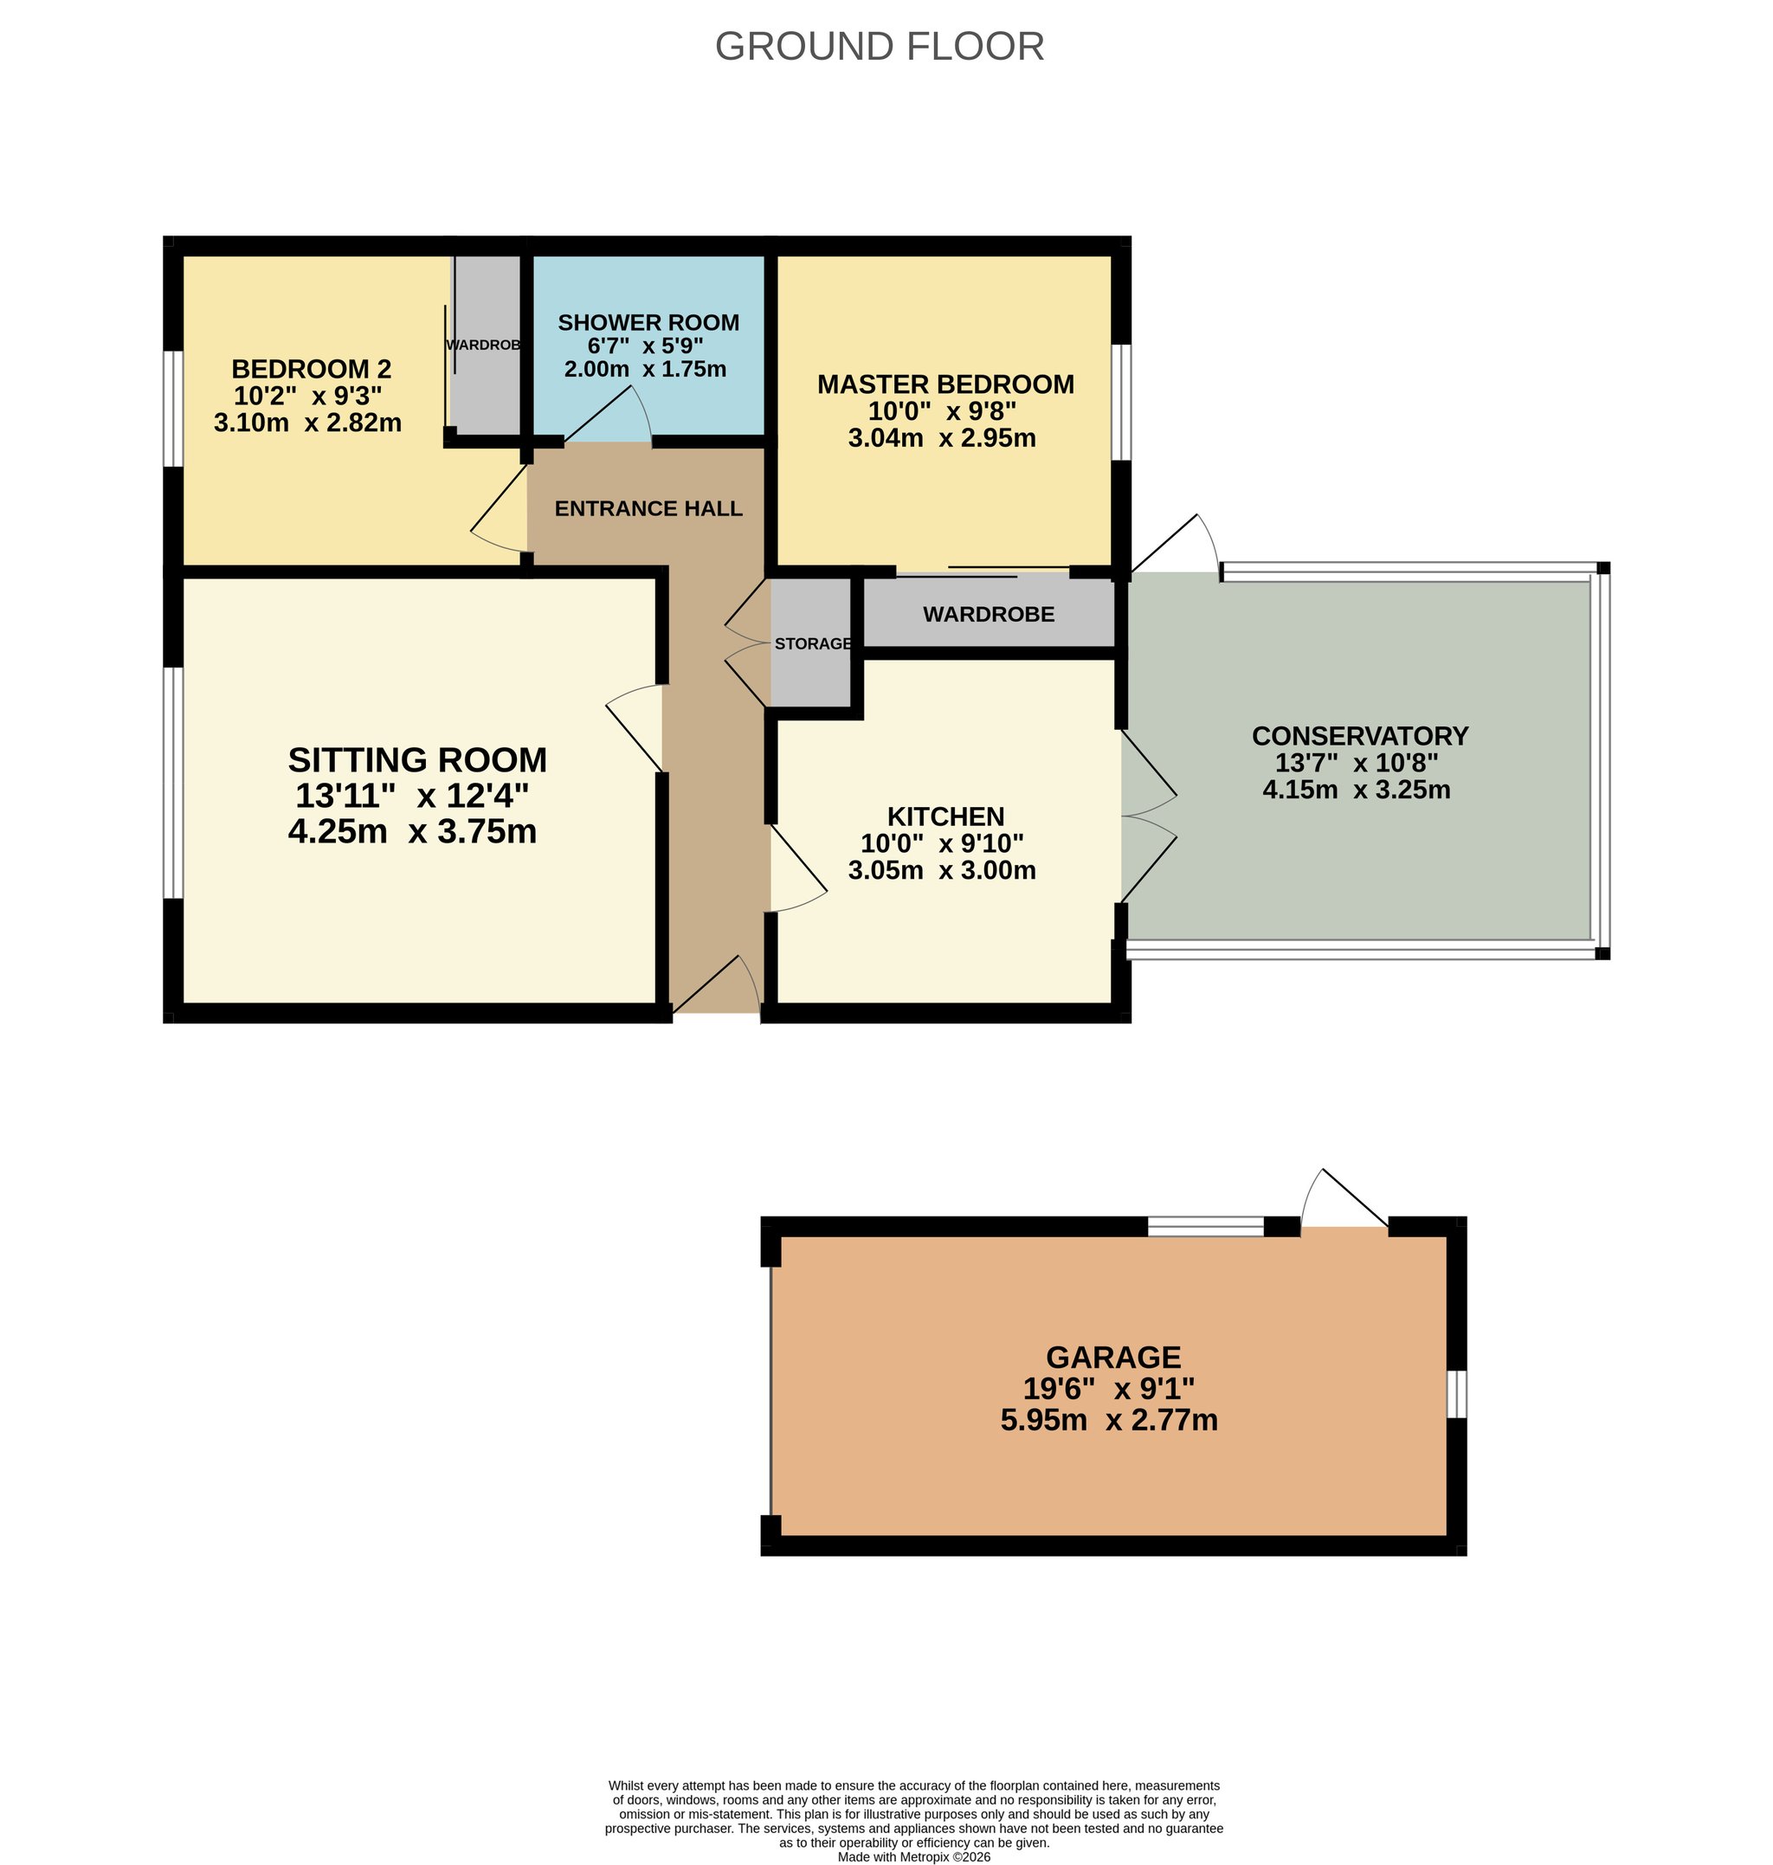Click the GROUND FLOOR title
(879, 46)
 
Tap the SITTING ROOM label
(418, 760)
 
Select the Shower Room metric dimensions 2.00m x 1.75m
(646, 369)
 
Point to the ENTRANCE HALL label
(648, 508)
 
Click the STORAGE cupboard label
(813, 643)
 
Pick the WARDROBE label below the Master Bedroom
(989, 615)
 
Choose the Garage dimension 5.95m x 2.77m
(1110, 1420)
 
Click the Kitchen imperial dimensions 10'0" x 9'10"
(942, 843)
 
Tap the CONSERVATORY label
(1360, 735)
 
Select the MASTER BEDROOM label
(946, 384)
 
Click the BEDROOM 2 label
(312, 369)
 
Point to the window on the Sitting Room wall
(174, 783)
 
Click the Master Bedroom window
(1121, 402)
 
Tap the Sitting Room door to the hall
(635, 728)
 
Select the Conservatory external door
(1174, 544)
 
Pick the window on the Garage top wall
(1206, 1227)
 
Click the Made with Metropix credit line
(914, 1856)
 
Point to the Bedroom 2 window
(174, 409)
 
